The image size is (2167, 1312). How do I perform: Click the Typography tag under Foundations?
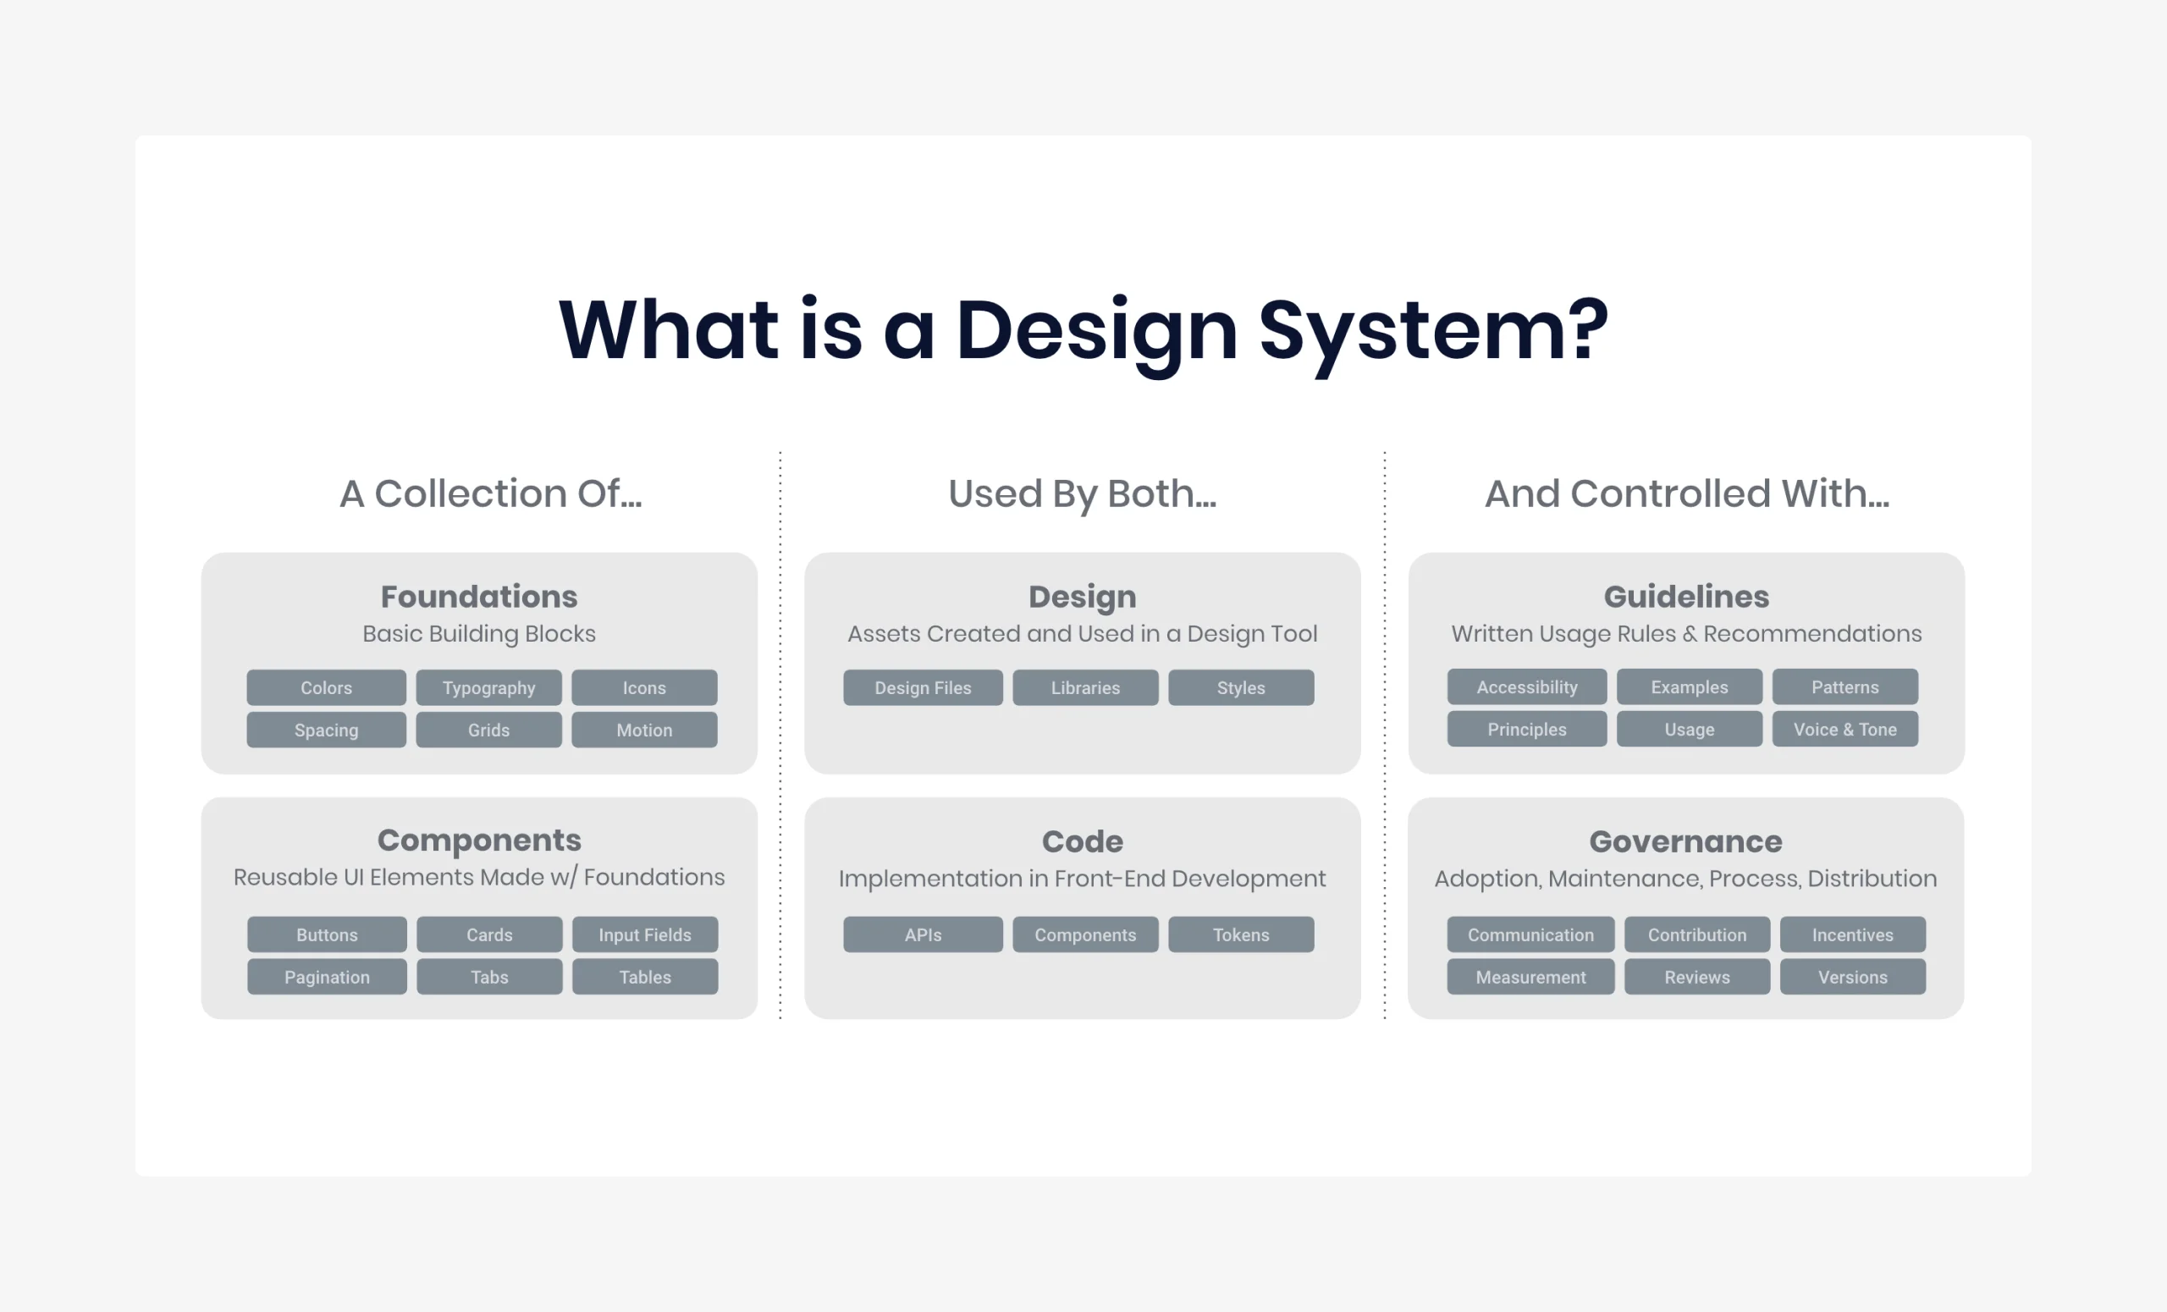[x=488, y=687]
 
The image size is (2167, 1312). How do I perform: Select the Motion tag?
[x=644, y=730]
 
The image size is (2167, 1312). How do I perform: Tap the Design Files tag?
[x=923, y=687]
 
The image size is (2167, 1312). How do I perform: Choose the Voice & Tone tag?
[x=1845, y=729]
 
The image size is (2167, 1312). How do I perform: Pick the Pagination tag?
[x=327, y=977]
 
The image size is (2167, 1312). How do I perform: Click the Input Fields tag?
[x=645, y=934]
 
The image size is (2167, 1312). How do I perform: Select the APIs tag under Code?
[x=923, y=934]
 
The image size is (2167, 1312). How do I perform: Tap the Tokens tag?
[x=1241, y=934]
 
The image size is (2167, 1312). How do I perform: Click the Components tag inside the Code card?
[x=1085, y=934]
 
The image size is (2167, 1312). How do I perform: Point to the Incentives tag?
[x=1852, y=934]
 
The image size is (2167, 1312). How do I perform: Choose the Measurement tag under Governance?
[x=1530, y=977]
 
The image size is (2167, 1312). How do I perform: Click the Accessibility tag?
[x=1527, y=686]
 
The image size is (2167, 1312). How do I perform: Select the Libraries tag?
[x=1085, y=687]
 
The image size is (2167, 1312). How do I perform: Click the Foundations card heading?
[x=479, y=596]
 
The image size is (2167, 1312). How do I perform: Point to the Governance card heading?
[x=1686, y=841]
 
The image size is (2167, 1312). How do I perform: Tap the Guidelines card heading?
[x=1686, y=596]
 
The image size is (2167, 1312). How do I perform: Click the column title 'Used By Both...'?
[x=1083, y=493]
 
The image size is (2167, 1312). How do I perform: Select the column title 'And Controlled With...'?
[x=1687, y=493]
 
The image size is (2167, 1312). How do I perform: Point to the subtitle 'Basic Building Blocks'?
[x=479, y=634]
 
